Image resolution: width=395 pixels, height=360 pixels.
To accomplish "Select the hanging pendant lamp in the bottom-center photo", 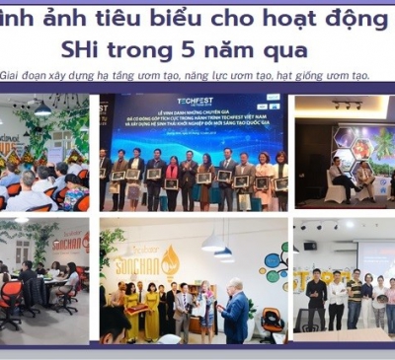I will (x=212, y=240).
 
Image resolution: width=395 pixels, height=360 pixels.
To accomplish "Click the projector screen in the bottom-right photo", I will (x=374, y=256).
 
